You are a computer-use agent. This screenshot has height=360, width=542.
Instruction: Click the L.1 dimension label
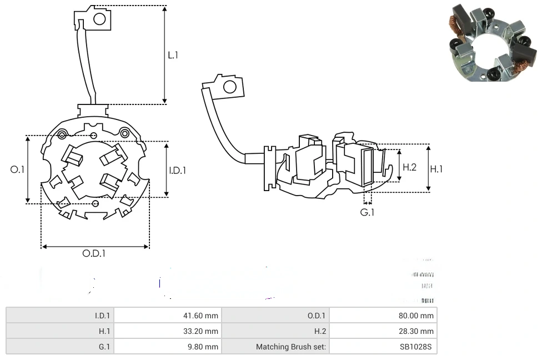click(x=173, y=55)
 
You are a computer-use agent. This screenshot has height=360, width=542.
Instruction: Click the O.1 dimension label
click(x=17, y=169)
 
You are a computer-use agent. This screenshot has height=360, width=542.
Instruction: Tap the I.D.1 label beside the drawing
click(x=177, y=171)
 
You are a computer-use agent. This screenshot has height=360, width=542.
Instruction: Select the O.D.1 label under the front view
click(x=94, y=253)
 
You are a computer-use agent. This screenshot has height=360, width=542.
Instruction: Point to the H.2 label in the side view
click(x=409, y=167)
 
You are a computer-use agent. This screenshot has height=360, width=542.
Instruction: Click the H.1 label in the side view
click(x=437, y=169)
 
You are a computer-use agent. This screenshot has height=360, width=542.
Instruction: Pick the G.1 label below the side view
click(x=367, y=212)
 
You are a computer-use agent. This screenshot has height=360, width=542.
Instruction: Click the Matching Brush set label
click(x=291, y=347)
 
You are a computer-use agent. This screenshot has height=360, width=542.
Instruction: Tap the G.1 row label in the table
click(x=103, y=347)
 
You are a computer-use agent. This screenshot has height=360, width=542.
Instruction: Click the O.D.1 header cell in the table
click(x=317, y=316)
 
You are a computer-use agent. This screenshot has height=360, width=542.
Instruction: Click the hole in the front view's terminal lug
click(x=99, y=19)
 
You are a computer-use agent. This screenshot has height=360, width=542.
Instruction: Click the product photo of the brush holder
click(x=493, y=43)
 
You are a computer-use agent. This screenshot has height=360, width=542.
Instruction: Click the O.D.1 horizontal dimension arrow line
click(x=95, y=246)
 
